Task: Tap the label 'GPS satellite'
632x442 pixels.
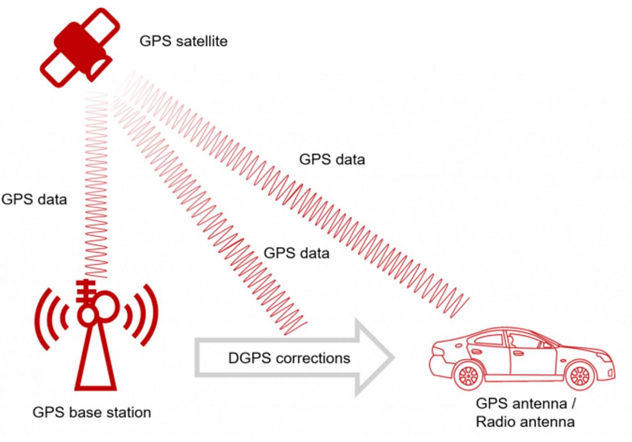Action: coord(183,41)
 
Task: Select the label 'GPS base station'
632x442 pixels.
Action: coord(92,412)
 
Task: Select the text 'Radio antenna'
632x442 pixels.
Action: coord(525,422)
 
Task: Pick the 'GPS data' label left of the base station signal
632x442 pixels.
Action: coord(34,199)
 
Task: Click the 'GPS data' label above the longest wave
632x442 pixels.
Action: coord(332,160)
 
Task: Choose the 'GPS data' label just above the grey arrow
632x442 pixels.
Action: coord(296,253)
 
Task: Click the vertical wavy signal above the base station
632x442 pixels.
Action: coord(96,197)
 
